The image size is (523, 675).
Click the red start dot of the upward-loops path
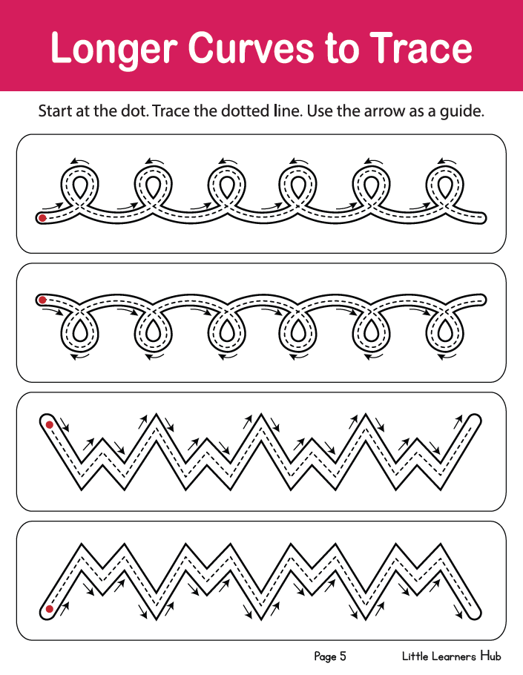42,218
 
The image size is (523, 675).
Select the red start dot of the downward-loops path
42,300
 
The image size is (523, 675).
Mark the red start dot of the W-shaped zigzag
50,425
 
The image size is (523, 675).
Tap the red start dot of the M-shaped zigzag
50,609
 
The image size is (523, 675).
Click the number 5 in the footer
343,656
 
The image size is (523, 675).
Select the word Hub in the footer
490,656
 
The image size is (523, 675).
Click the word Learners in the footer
454,656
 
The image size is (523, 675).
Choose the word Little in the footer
415,656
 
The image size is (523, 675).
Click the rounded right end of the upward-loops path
482,218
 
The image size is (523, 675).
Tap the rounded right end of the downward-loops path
482,300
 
